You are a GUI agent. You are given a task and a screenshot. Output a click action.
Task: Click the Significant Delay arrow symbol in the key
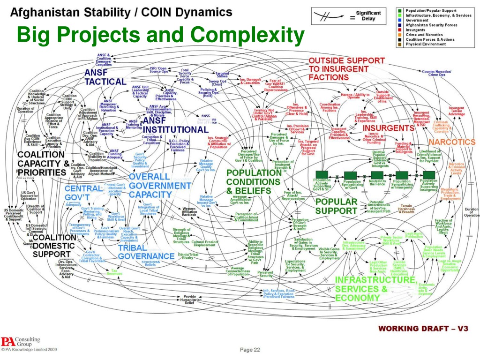coord(328,16)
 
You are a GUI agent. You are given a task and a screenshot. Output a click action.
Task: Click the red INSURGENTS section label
coord(389,128)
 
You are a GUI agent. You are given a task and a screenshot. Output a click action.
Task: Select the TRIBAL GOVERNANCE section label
coord(146,252)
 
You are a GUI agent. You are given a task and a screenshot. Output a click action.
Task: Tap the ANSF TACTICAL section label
coord(105,77)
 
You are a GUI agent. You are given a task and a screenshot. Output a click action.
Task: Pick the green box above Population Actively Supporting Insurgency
coord(428,175)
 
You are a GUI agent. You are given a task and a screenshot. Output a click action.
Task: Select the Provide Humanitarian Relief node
coord(189,299)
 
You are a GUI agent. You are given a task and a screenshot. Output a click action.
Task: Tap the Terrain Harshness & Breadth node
coord(406,209)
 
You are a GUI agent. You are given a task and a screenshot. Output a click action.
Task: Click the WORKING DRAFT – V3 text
coord(423,329)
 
